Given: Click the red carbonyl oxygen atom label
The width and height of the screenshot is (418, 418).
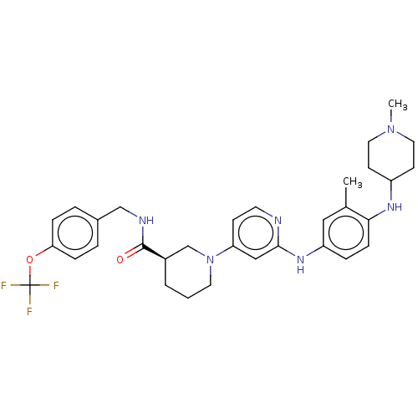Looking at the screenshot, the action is (x=120, y=260).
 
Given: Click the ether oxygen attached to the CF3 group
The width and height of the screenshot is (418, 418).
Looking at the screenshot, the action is (x=29, y=260).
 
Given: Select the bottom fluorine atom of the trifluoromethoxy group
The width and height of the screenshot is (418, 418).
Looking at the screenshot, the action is (x=29, y=311).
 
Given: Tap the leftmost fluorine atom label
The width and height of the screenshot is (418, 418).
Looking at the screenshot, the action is (x=3, y=286).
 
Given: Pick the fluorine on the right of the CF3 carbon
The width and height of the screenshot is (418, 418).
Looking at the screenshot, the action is (x=56, y=286).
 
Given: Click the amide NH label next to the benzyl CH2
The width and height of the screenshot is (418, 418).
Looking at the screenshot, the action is (x=146, y=221).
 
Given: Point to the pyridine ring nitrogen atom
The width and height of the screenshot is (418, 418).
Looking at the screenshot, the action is (x=278, y=221).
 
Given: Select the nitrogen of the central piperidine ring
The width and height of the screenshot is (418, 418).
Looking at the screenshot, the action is (x=210, y=260).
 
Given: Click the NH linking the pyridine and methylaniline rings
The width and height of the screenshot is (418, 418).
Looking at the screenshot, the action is (x=300, y=264).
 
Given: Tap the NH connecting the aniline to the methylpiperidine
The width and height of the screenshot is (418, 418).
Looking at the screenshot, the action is (x=395, y=207).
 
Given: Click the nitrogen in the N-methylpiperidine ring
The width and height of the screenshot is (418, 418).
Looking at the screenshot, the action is (x=391, y=130).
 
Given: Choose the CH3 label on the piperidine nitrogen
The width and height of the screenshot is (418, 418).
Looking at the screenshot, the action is (x=398, y=104).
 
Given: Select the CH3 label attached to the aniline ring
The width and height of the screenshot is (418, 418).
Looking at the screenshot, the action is (x=353, y=182).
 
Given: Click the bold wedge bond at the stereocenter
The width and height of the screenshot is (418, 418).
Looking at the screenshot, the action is (x=154, y=252).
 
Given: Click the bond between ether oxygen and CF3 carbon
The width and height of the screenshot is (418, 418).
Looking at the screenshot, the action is (x=29, y=275).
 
